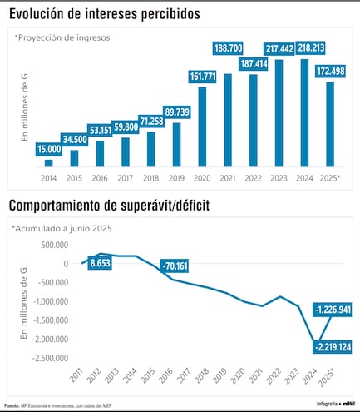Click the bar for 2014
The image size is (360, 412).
click(x=48, y=163)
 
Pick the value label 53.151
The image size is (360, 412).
click(x=99, y=129)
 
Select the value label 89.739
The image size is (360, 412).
click(x=176, y=112)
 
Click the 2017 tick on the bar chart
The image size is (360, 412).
click(x=126, y=176)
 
